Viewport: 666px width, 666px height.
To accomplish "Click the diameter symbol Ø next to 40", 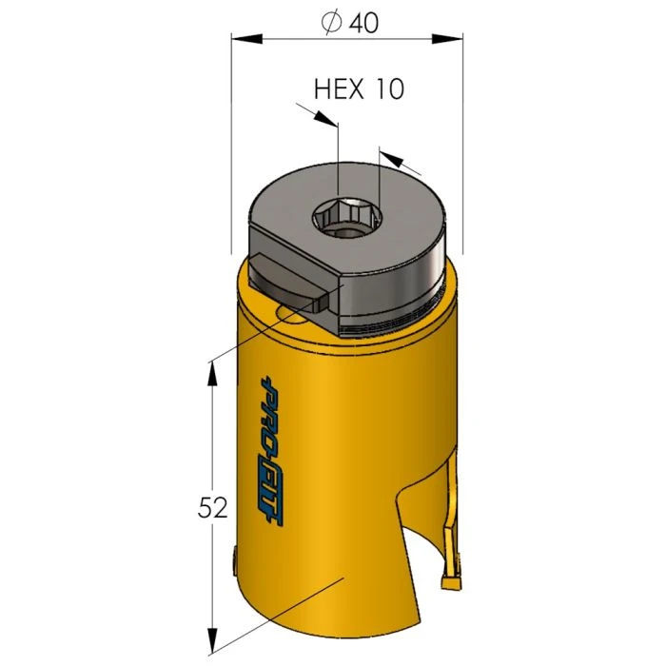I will [332, 24].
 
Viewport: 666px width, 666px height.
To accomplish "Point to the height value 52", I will [213, 508].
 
